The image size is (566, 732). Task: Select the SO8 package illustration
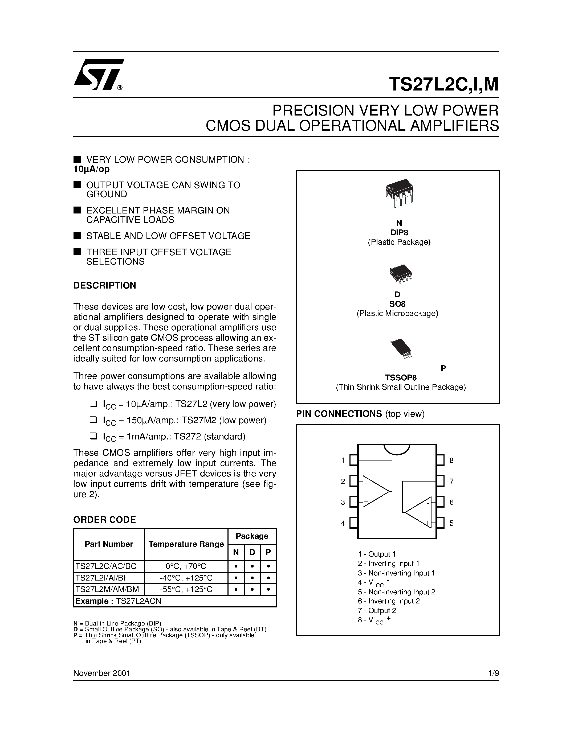pyautogui.click(x=400, y=274)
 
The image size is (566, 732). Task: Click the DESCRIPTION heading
pyautogui.click(x=105, y=286)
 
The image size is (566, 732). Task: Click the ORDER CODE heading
pyautogui.click(x=105, y=520)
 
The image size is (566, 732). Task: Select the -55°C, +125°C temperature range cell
pyautogui.click(x=186, y=590)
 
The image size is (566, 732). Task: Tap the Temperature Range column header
pyautogui.click(x=186, y=544)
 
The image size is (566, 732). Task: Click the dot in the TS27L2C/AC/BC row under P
pyautogui.click(x=268, y=566)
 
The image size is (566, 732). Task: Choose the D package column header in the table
pyautogui.click(x=252, y=552)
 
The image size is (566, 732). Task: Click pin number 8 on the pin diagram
pyautogui.click(x=451, y=460)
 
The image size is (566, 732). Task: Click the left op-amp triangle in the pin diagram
pyautogui.click(x=374, y=491)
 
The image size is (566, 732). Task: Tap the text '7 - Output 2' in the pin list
pyautogui.click(x=377, y=610)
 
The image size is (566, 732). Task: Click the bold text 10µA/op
pyautogui.click(x=91, y=169)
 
